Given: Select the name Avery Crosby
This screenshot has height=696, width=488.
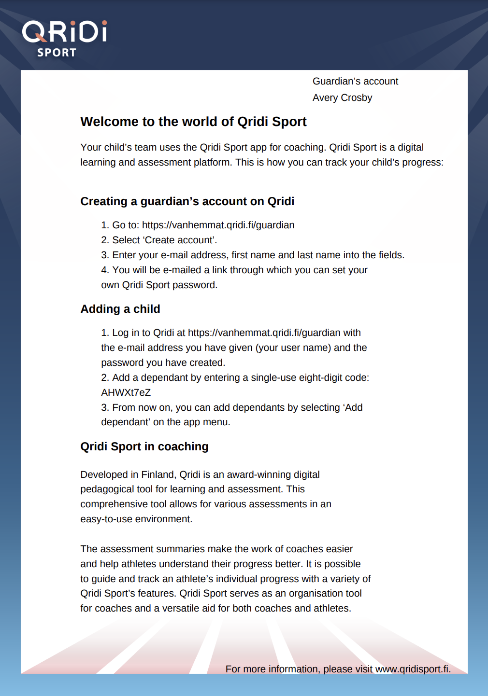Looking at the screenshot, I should (x=342, y=98).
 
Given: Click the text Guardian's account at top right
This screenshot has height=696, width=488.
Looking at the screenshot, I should (x=355, y=82).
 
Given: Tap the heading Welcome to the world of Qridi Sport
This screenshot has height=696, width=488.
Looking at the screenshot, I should (x=193, y=122).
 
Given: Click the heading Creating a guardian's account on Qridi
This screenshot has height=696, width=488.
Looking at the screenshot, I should (x=187, y=202).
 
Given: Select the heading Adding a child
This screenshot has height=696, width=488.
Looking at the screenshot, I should (x=120, y=309).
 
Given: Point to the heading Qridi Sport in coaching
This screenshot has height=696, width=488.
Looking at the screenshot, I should (x=144, y=447).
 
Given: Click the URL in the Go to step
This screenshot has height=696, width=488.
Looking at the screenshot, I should (x=218, y=225).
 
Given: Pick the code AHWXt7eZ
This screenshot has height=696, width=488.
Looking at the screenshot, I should (x=126, y=393).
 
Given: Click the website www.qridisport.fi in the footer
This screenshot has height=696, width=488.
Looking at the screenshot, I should (x=413, y=669).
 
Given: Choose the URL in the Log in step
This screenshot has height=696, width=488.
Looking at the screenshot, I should (x=264, y=333).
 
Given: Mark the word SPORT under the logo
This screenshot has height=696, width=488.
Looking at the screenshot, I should (x=57, y=53).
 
